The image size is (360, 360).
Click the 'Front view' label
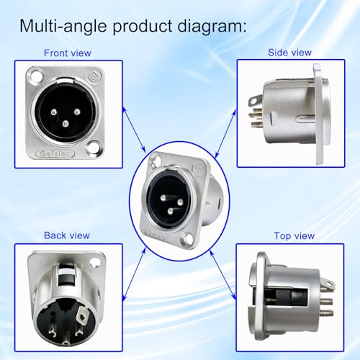pos(68,53)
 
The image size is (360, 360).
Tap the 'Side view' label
pos(289,53)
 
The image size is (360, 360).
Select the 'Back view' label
pos(67,235)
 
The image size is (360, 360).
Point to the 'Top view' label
pos(294,236)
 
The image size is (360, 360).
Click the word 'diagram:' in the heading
pos(212,26)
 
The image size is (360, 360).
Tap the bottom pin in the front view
pos(66,124)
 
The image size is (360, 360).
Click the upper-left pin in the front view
pos(54,112)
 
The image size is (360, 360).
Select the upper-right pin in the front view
pos(77,112)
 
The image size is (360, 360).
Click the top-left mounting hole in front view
pos(36,76)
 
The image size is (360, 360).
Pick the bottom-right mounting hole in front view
pos(93,147)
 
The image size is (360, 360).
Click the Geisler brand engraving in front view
pos(55,153)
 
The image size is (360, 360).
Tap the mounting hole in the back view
pos(95,262)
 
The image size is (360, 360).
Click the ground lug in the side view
pos(254,102)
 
